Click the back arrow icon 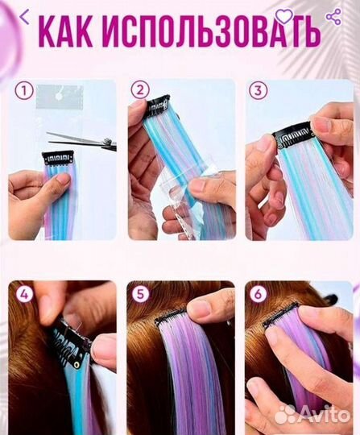tap(24, 17)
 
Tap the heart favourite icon tap(284, 16)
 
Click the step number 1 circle tap(24, 91)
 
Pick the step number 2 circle tap(140, 90)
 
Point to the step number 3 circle tap(258, 90)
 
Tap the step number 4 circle tap(24, 294)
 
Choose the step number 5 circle tap(141, 294)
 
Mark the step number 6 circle tap(258, 294)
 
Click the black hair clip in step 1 tap(58, 158)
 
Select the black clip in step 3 tap(292, 135)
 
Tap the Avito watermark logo tap(312, 414)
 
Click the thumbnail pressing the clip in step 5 tap(201, 308)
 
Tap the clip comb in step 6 tap(281, 314)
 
